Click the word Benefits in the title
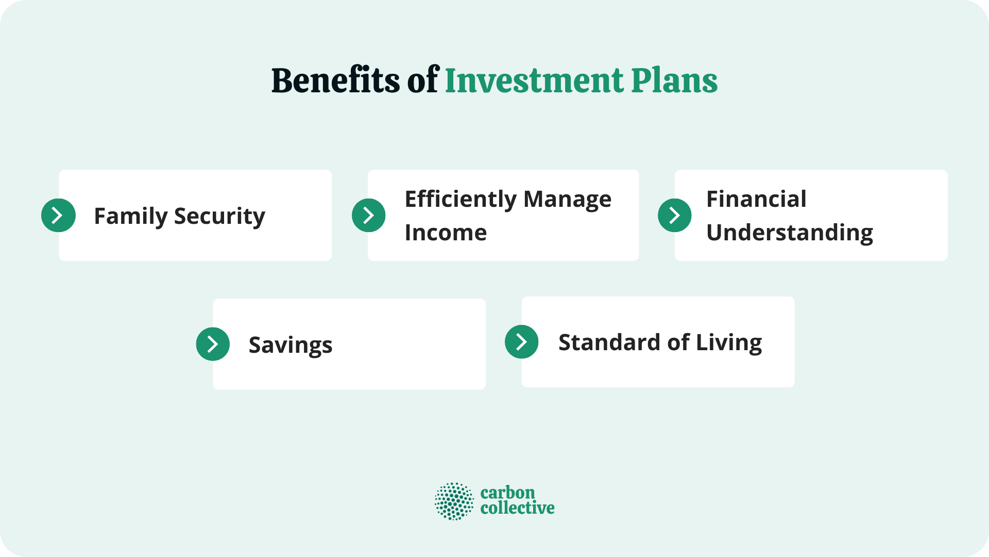[335, 80]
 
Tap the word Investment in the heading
[534, 80]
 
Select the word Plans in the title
[674, 80]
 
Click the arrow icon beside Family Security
[58, 215]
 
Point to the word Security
[219, 216]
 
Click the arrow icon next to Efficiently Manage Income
[368, 215]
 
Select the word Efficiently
[460, 199]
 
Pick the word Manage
[567, 199]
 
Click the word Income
[446, 233]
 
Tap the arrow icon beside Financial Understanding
[674, 215]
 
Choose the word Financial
[756, 199]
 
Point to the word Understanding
[789, 233]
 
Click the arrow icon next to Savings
[213, 344]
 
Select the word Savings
[290, 345]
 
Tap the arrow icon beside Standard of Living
[521, 341]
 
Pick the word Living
[728, 342]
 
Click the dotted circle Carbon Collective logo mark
[454, 501]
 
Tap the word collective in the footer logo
[517, 508]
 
